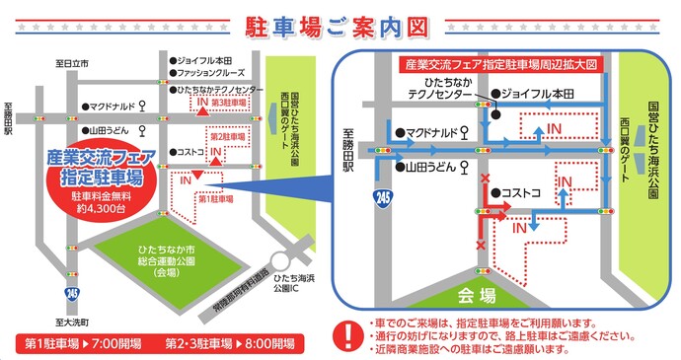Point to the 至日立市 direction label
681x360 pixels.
[x=72, y=62]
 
